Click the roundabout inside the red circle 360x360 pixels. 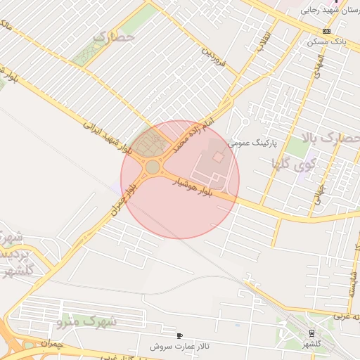click(153, 167)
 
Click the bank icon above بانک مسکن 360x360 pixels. click(326, 32)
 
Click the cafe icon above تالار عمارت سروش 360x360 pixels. click(181, 336)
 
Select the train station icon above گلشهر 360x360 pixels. click(311, 333)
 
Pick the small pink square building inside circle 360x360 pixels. click(218, 157)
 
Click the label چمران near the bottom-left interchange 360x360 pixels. click(52, 345)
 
